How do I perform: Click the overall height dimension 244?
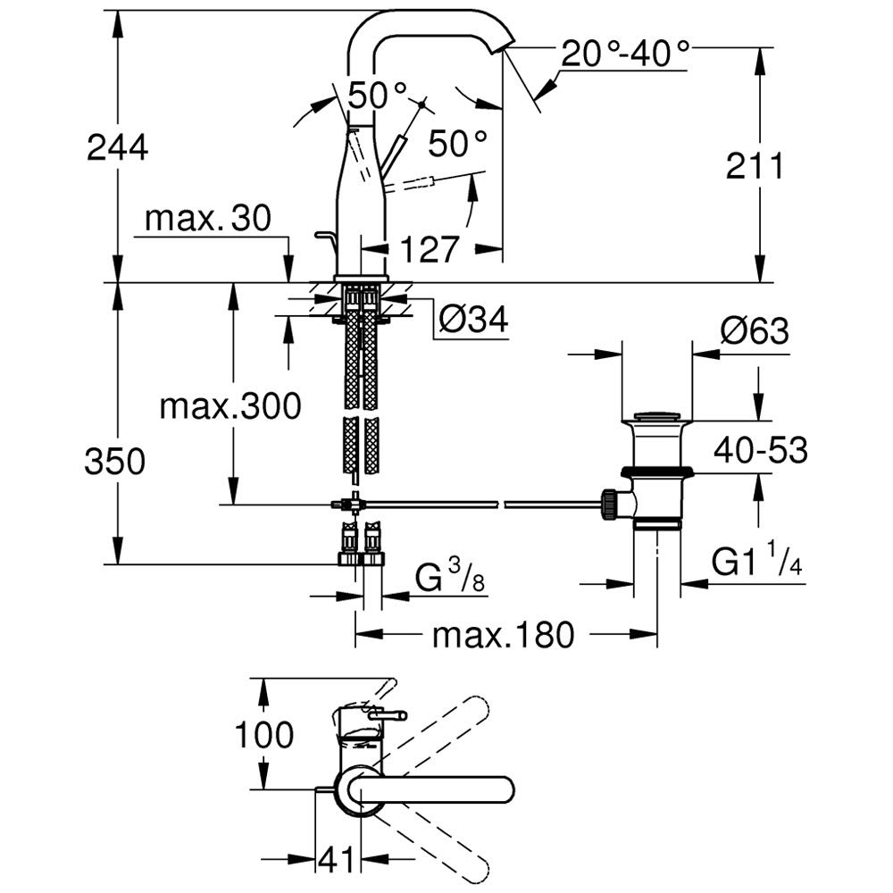tap(117, 146)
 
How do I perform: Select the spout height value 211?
tap(754, 166)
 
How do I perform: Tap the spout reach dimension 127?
tap(430, 249)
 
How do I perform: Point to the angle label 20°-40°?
tap(626, 55)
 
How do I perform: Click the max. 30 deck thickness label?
tap(207, 219)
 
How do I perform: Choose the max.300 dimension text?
tap(230, 407)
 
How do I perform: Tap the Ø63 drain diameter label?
tap(755, 331)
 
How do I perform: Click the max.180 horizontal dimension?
tap(501, 636)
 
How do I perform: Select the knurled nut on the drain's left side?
tap(609, 504)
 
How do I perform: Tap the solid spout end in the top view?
tap(496, 791)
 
